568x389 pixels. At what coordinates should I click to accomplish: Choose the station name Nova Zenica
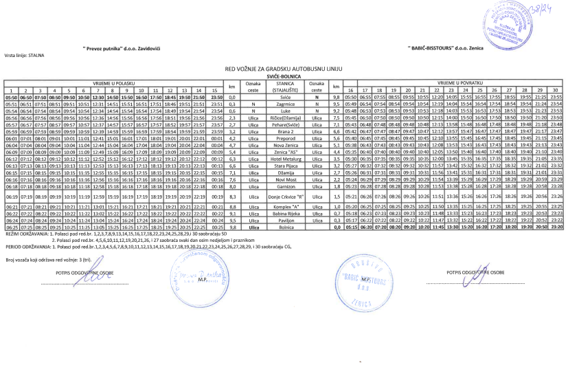click(285, 146)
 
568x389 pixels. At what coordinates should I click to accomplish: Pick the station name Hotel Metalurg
click(285, 159)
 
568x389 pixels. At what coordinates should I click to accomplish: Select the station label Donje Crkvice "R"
click(285, 197)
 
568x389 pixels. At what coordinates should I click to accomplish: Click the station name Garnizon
click(285, 186)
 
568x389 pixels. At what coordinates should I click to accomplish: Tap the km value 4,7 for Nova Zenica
click(232, 146)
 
